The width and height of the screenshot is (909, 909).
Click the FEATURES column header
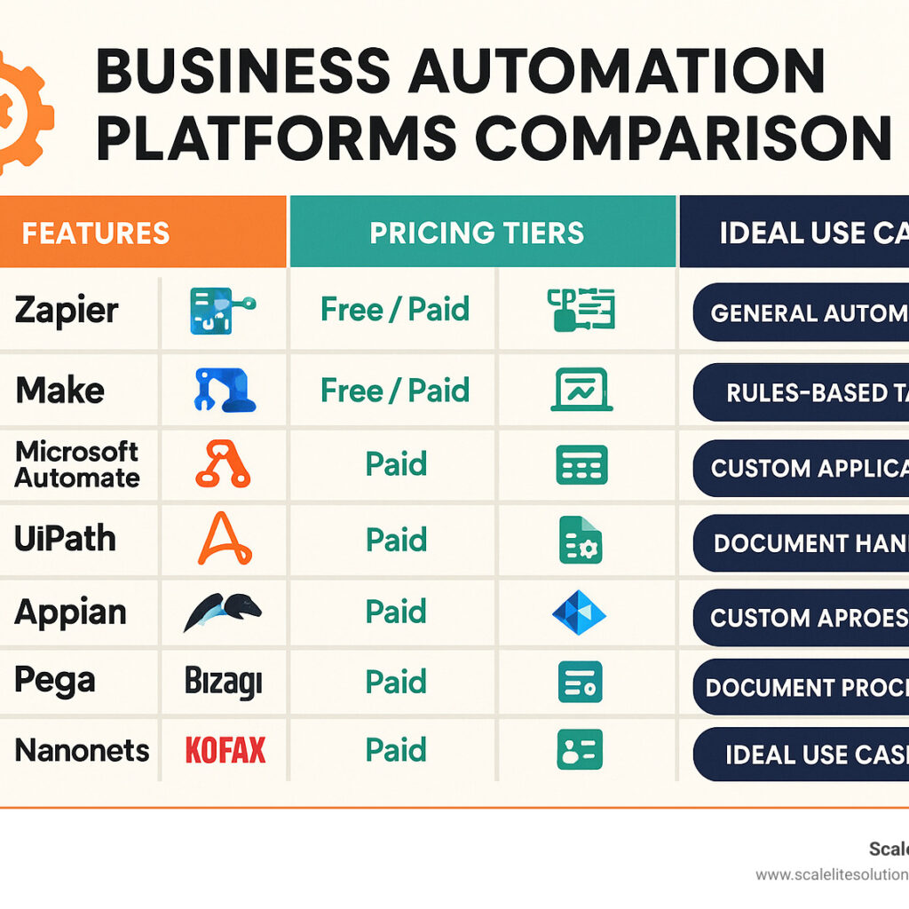(x=95, y=233)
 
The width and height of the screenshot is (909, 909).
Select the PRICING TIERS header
(x=477, y=233)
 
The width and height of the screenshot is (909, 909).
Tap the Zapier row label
(x=67, y=311)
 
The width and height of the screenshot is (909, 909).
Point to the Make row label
(x=59, y=390)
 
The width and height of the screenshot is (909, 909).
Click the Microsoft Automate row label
(x=77, y=463)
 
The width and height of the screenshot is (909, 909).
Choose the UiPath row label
(x=65, y=538)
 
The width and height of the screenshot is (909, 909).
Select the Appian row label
(x=70, y=612)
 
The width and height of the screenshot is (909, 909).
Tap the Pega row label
(x=54, y=681)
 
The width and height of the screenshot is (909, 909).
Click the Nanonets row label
(x=82, y=751)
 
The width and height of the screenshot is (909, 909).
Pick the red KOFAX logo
(x=225, y=751)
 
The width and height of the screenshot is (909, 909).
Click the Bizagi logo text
(x=224, y=682)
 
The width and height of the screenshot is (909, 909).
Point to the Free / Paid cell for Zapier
(x=394, y=310)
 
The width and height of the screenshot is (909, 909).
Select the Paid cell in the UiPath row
(x=396, y=539)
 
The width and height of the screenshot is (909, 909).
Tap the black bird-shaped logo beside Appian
(x=223, y=612)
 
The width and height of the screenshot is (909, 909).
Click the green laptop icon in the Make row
(x=581, y=391)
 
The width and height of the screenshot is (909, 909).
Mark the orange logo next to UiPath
(x=225, y=539)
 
